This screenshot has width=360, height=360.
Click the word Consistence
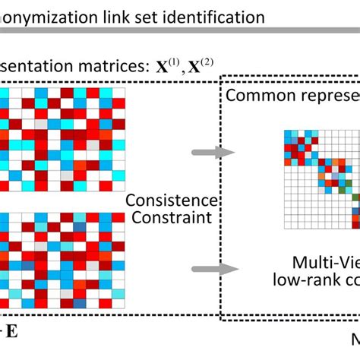(x=171, y=201)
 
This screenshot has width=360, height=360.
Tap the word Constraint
(x=171, y=219)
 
